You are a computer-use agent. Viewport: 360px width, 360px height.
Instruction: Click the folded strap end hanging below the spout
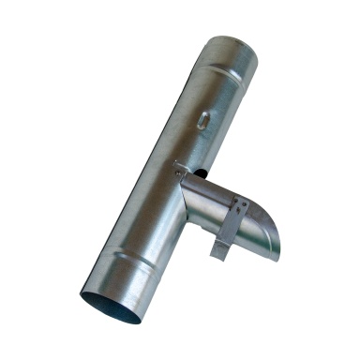pyautogui.click(x=218, y=248)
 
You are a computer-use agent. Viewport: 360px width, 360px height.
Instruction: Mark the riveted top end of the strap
pyautogui.click(x=242, y=203)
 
